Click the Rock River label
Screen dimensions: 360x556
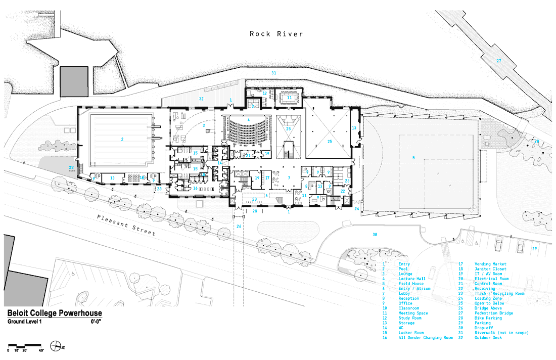pyautogui.click(x=276, y=34)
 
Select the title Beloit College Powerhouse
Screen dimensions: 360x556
pyautogui.click(x=54, y=313)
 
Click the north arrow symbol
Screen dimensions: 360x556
pyautogui.click(x=61, y=347)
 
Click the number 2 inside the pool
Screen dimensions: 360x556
pyautogui.click(x=122, y=138)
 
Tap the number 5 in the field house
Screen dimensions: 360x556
pyautogui.click(x=413, y=158)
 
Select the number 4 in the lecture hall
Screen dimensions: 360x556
pyautogui.click(x=248, y=119)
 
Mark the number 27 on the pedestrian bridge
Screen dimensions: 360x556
pyautogui.click(x=498, y=61)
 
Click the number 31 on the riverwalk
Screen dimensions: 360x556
pyautogui.click(x=273, y=74)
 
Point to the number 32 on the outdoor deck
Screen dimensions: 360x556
pyautogui.click(x=201, y=99)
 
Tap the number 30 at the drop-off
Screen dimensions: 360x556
pyautogui.click(x=375, y=235)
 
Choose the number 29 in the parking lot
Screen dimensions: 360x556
pyautogui.click(x=534, y=249)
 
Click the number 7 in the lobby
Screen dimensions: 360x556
pyautogui.click(x=289, y=178)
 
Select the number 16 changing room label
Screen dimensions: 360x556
pyautogui.click(x=195, y=188)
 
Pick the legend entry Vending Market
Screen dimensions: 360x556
pyautogui.click(x=490, y=264)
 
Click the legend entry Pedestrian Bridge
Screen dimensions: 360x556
pyautogui.click(x=491, y=313)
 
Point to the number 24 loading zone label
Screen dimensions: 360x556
pyautogui.click(x=356, y=208)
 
